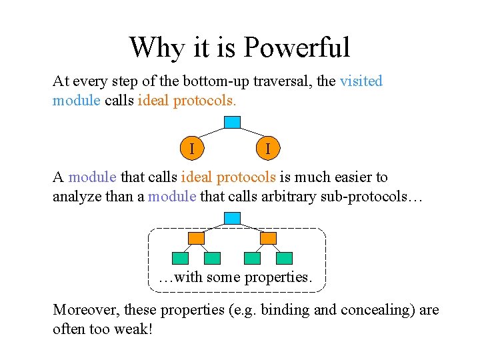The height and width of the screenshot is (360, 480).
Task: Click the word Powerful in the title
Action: pos(297,48)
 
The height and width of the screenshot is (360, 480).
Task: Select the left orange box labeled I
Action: pos(192,148)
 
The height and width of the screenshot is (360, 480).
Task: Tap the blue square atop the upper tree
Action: pos(231,122)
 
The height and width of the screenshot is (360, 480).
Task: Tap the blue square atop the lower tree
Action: pos(231,218)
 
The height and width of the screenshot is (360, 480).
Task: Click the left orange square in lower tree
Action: pos(196,238)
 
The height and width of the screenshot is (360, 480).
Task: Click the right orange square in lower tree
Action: pos(268,238)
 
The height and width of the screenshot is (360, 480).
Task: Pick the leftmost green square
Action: pos(180,258)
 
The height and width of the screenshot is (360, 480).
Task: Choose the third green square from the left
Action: pos(252,258)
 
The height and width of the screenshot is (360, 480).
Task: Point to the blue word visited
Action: pos(361,81)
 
